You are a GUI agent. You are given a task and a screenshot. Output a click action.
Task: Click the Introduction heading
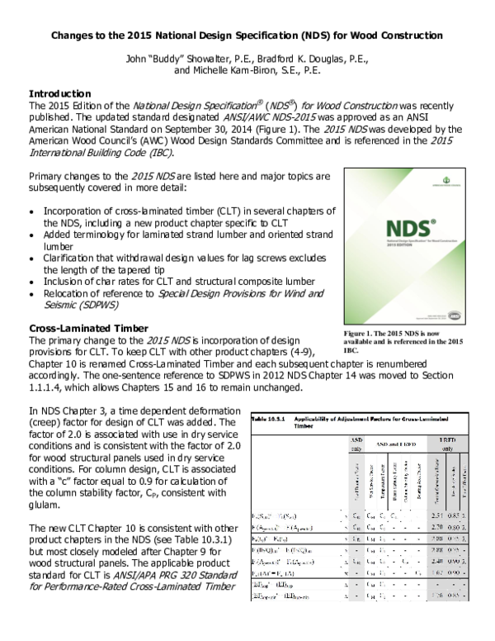point(59,93)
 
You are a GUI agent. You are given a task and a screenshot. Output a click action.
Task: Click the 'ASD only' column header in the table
point(355,444)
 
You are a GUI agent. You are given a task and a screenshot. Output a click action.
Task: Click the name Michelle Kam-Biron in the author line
point(234,71)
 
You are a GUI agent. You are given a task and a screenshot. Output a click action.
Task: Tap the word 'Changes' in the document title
point(75,36)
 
